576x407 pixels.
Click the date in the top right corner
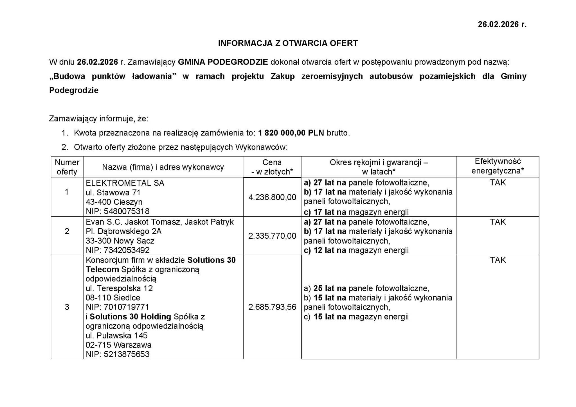[x=502, y=24]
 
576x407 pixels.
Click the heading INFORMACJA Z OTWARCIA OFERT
[x=288, y=43]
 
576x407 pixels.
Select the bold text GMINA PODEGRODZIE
[x=223, y=62]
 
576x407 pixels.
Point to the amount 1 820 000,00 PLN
[x=291, y=133]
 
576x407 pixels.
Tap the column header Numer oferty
[x=67, y=167]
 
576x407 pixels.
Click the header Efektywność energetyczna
[x=498, y=166]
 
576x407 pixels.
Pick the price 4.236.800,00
[x=272, y=197]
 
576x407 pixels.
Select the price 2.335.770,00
[x=272, y=236]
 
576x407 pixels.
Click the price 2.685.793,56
[x=272, y=307]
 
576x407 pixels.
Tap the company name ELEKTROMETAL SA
[x=125, y=183]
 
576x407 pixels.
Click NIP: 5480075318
[x=118, y=211]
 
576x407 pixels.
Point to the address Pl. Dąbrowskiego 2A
[x=123, y=231]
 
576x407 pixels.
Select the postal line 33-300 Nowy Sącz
[x=120, y=241]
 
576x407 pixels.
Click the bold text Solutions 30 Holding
[x=130, y=317]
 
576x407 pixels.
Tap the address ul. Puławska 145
[x=116, y=336]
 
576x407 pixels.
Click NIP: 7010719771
[x=117, y=307]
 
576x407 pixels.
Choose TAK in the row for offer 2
[x=498, y=222]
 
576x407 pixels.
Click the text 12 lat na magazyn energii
[x=361, y=250]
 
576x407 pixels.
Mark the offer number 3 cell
[x=67, y=307]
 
